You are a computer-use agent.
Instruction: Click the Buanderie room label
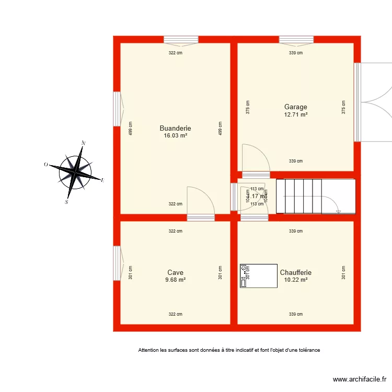click(x=175, y=128)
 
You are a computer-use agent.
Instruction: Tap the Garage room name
click(x=295, y=107)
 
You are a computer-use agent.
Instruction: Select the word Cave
click(x=175, y=272)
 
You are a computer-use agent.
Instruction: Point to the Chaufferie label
click(x=295, y=272)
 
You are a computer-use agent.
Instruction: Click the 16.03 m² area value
click(x=175, y=135)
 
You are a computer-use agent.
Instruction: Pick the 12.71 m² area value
click(x=295, y=114)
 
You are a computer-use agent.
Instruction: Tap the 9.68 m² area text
click(x=175, y=280)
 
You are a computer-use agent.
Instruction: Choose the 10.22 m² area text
click(x=295, y=280)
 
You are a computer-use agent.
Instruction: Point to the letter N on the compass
click(x=84, y=143)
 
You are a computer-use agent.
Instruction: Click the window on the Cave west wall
click(x=117, y=263)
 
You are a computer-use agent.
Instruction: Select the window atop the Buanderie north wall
click(x=181, y=39)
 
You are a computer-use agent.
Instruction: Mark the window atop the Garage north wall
click(x=296, y=39)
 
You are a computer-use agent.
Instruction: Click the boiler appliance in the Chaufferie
click(x=259, y=275)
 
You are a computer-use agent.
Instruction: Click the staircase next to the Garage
click(x=315, y=196)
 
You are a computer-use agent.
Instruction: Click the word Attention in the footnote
click(x=149, y=350)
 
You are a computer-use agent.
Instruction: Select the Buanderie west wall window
click(x=117, y=109)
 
